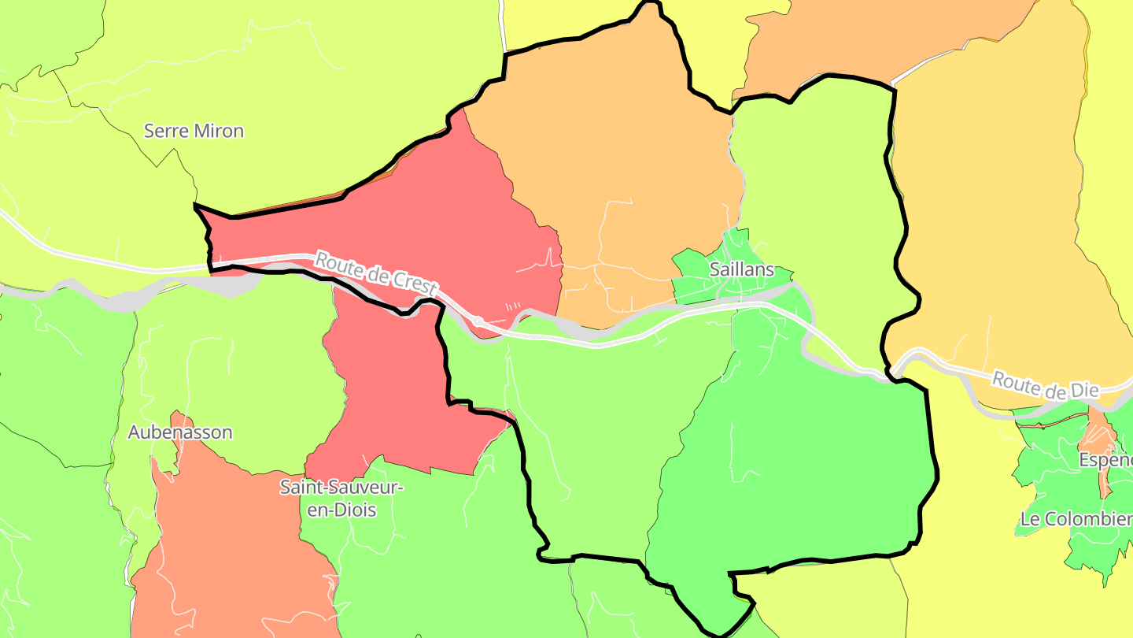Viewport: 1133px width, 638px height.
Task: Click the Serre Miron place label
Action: pyautogui.click(x=194, y=131)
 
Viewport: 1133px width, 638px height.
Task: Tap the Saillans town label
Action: pyautogui.click(x=741, y=269)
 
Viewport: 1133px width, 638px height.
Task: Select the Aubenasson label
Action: pyautogui.click(x=180, y=432)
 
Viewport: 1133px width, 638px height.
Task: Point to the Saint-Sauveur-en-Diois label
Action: pyautogui.click(x=341, y=499)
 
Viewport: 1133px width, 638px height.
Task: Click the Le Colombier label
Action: pyautogui.click(x=1076, y=519)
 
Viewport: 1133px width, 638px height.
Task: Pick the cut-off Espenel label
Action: pyautogui.click(x=1105, y=459)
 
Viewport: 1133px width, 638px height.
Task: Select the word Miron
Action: pyautogui.click(x=220, y=131)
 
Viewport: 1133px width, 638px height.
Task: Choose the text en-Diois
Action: pyautogui.click(x=341, y=510)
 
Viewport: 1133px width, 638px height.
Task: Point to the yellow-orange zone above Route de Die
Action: pyautogui.click(x=991, y=221)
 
